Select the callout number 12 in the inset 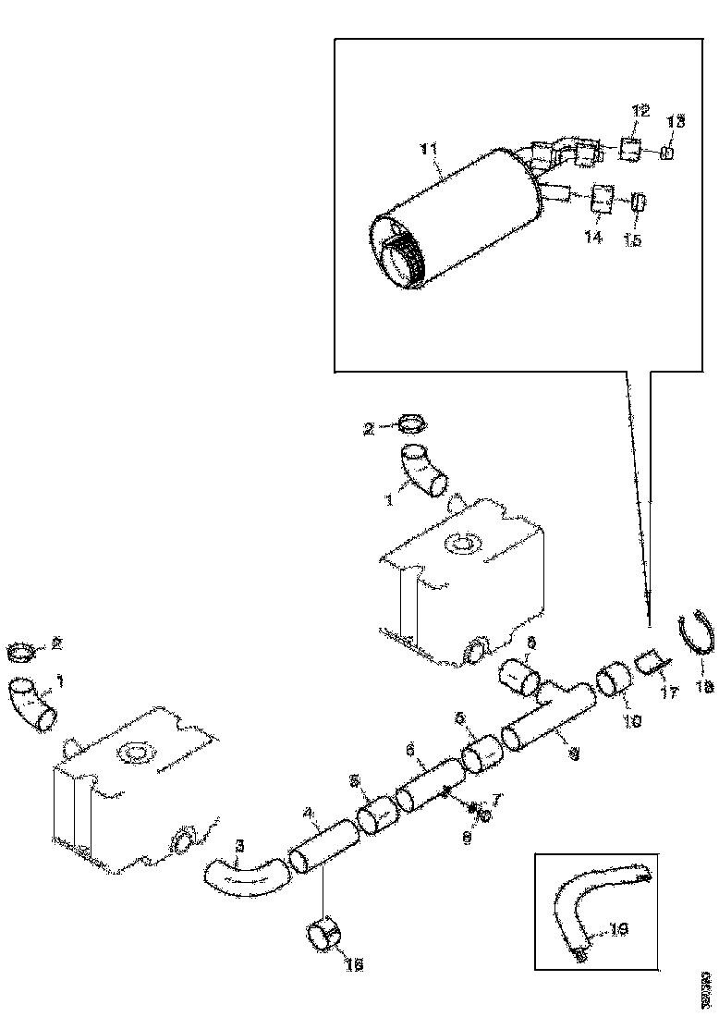pos(640,112)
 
